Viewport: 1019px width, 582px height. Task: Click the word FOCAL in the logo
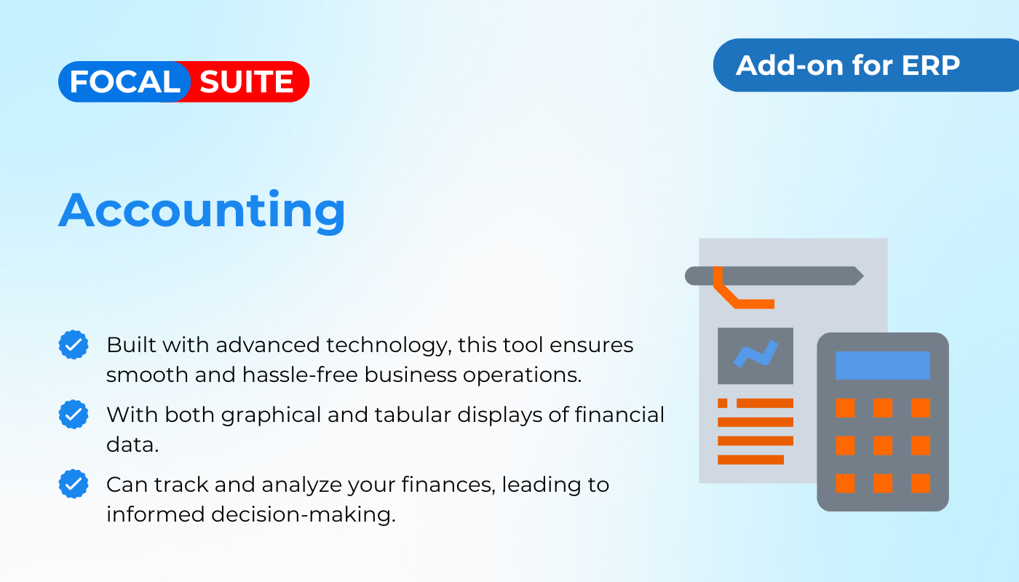coord(125,81)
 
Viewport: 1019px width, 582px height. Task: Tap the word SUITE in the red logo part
coord(246,81)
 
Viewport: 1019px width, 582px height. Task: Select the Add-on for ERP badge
coord(866,65)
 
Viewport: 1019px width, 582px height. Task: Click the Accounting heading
coord(202,210)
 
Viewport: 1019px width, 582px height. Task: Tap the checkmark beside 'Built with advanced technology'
coord(74,345)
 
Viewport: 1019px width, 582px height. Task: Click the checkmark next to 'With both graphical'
coord(74,414)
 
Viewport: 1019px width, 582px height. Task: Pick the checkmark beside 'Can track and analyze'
coord(74,484)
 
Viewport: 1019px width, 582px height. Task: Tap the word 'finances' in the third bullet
coord(448,485)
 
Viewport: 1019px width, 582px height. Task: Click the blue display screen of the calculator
coord(882,365)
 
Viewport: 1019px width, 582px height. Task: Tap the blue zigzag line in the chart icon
coord(756,354)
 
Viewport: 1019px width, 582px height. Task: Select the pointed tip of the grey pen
coord(863,276)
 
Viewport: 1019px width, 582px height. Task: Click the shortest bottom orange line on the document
coord(750,460)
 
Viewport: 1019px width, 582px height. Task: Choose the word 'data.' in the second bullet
coord(132,445)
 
